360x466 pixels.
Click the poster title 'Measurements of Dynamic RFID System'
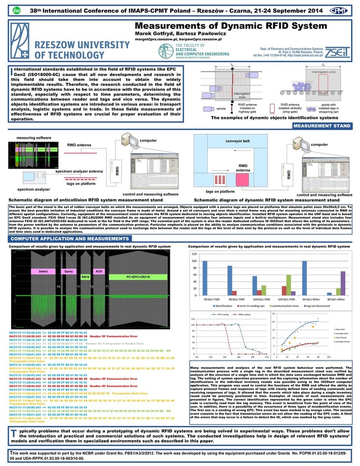click(231, 26)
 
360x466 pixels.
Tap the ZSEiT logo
click(338, 51)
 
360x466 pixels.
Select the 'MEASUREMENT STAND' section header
click(322, 126)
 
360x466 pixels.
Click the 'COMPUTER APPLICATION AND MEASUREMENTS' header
click(70, 239)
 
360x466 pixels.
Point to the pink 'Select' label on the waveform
click(43, 271)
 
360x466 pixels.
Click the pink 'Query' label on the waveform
click(68, 271)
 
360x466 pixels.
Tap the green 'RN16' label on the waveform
click(85, 277)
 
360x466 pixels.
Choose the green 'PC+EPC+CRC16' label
click(133, 277)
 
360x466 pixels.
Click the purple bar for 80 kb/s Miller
click(343, 284)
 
